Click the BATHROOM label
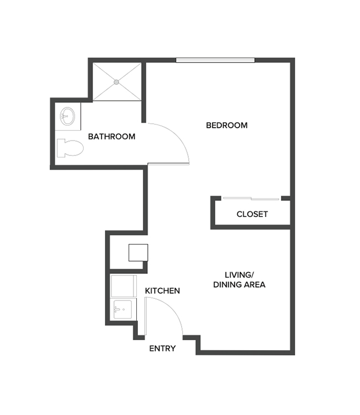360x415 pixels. pyautogui.click(x=111, y=137)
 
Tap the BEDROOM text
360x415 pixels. pyautogui.click(x=227, y=126)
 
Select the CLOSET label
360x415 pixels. pyautogui.click(x=252, y=214)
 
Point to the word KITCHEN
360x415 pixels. pyautogui.click(x=162, y=290)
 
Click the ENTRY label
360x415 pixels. pyautogui.click(x=162, y=349)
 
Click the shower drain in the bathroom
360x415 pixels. pyautogui.click(x=116, y=82)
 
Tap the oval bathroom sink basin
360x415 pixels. pyautogui.click(x=68, y=116)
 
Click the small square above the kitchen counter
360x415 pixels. pyautogui.click(x=137, y=252)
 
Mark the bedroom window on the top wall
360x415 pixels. pyautogui.click(x=215, y=60)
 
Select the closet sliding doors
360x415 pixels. pyautogui.click(x=251, y=199)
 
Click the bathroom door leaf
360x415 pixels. pyautogui.click(x=168, y=164)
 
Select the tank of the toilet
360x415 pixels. pyautogui.click(x=60, y=148)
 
